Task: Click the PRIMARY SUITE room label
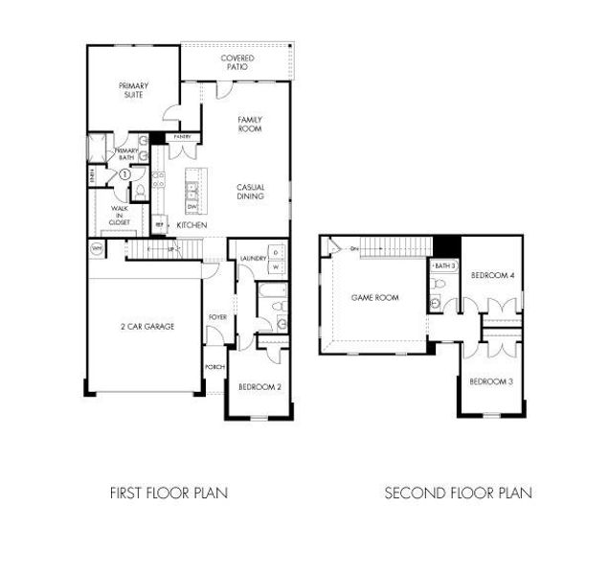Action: (x=133, y=89)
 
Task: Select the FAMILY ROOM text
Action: (x=250, y=125)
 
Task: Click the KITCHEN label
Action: (x=192, y=224)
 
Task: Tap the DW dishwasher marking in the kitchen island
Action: (x=192, y=206)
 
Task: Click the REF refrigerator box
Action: (x=159, y=224)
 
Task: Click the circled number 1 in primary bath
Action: (x=124, y=174)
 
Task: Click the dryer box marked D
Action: (x=276, y=251)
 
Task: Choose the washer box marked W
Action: (x=276, y=266)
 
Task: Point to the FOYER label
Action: (x=217, y=316)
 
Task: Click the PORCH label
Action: (x=214, y=367)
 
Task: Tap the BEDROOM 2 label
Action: (x=258, y=387)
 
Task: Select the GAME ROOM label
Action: (x=374, y=298)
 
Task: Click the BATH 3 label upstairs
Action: (x=444, y=264)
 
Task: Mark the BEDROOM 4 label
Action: (x=493, y=276)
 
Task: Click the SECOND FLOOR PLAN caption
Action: (x=458, y=494)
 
